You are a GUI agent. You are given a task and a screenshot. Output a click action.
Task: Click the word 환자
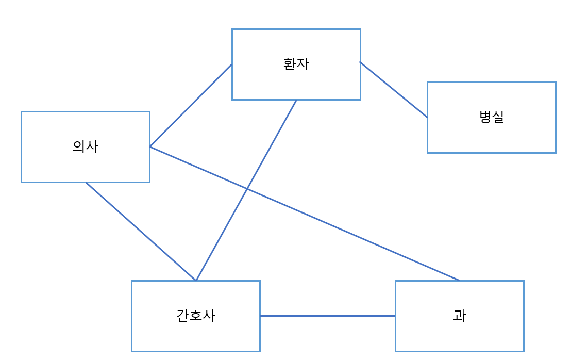(x=296, y=64)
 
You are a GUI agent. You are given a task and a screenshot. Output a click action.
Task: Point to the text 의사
(x=85, y=146)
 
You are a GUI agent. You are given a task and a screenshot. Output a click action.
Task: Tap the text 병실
(x=491, y=117)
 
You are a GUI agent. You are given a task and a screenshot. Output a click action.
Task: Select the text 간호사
(x=195, y=316)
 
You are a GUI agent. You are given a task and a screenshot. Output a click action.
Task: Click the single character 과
(x=459, y=316)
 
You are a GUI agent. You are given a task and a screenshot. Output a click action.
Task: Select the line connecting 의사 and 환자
(x=191, y=105)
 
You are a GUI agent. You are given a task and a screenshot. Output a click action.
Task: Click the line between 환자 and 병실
(x=394, y=90)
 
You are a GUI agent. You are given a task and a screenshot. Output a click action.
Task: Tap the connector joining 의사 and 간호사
(x=141, y=231)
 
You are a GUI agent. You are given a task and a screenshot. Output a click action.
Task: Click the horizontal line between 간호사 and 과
(x=327, y=316)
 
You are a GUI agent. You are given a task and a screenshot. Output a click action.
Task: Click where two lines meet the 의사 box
(x=150, y=146)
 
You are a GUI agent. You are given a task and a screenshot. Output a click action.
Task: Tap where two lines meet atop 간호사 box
(x=196, y=281)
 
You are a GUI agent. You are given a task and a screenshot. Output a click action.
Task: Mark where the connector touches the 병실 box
(x=427, y=117)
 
